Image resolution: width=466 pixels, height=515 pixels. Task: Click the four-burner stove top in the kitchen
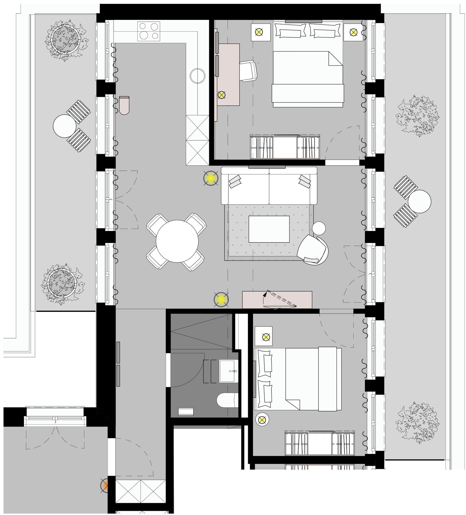coord(148,31)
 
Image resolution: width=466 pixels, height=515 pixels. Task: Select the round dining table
coord(177,241)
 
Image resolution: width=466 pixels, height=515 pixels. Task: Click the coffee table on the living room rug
coord(269,229)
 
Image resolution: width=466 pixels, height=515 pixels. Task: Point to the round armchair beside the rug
coord(312,250)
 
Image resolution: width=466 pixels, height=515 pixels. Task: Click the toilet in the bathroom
coord(227,400)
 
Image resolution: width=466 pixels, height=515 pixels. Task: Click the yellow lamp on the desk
coord(221,95)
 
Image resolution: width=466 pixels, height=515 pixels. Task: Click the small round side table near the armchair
coord(319,228)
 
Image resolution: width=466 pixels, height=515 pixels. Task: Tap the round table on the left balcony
coord(64,126)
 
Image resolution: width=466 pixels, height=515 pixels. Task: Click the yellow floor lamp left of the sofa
coord(211,178)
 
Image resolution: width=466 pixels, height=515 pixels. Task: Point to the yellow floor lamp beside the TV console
coord(221,299)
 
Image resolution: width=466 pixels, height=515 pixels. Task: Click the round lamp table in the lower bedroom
coord(262,419)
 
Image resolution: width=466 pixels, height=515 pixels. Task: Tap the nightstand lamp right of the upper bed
coord(353,32)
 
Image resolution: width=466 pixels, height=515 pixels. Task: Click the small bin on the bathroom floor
coord(186,411)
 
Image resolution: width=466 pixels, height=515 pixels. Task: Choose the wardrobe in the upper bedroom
coord(285,147)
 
